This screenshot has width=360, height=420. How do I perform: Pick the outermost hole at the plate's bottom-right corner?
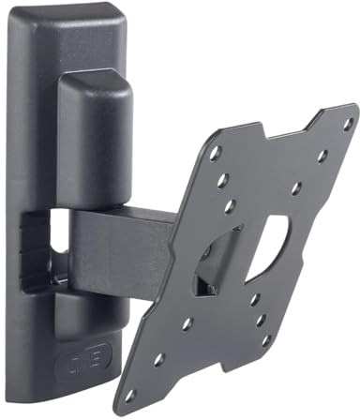pos(263,341)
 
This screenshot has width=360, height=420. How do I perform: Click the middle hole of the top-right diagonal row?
pos(322,156)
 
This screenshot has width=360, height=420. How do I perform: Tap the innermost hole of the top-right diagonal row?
pos(296,188)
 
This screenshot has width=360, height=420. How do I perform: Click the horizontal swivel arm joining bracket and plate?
pos(122,243)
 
